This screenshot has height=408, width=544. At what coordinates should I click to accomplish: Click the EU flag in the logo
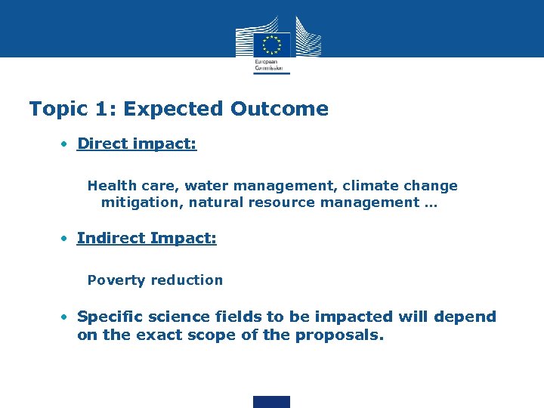pos(272,43)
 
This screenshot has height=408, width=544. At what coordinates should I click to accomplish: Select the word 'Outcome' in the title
pos(280,109)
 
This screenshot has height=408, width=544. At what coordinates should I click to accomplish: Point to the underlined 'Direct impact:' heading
pos(137,144)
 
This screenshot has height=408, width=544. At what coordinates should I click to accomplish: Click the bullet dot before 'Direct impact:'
pos(66,144)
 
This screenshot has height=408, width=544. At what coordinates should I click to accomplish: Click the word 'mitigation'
pos(141,202)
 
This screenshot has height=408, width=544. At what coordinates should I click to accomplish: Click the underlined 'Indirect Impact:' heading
pos(147,238)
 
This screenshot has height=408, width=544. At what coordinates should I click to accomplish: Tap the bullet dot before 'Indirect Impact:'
pos(66,238)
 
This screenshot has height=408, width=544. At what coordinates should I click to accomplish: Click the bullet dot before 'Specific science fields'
pos(66,317)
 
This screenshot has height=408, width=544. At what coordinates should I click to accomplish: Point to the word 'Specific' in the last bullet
pos(110,317)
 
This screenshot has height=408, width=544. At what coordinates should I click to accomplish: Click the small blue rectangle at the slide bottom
pos(271,401)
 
